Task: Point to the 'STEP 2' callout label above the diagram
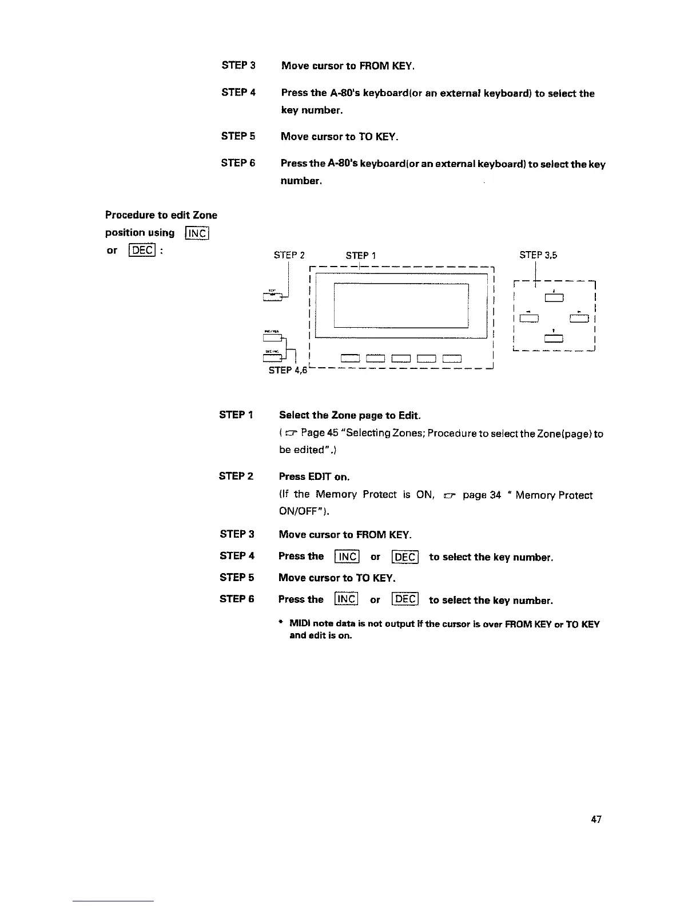pyautogui.click(x=289, y=255)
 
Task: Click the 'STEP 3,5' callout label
pyautogui.click(x=538, y=255)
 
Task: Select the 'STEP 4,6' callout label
pyautogui.click(x=288, y=370)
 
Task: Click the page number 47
pyautogui.click(x=596, y=820)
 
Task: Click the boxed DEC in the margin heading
pyautogui.click(x=141, y=251)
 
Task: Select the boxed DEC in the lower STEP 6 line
pyautogui.click(x=405, y=599)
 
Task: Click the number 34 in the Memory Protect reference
pyautogui.click(x=495, y=495)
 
